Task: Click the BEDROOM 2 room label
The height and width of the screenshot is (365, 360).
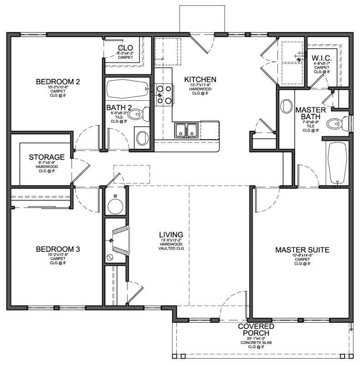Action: (x=58, y=82)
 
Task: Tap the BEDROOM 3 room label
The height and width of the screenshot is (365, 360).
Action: (x=58, y=249)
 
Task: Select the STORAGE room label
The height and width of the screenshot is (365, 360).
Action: (x=46, y=157)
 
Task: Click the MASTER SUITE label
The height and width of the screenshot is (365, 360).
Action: (x=302, y=250)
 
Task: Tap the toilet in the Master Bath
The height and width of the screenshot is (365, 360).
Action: (x=337, y=123)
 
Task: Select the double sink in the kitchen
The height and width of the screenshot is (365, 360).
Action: (x=187, y=130)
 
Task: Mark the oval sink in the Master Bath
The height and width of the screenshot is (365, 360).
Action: (x=287, y=106)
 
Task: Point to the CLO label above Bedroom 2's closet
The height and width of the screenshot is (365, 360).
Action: (x=125, y=48)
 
